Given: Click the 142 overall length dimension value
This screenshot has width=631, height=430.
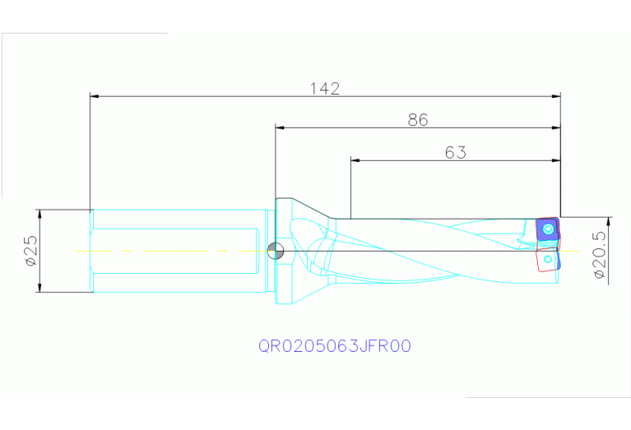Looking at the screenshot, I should (325, 88).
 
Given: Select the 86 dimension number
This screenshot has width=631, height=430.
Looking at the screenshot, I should (418, 120).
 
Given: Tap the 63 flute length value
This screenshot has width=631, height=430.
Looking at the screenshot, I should (456, 152).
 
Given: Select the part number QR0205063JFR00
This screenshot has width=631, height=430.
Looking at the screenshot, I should (335, 346).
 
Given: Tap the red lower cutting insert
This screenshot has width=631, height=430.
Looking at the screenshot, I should (546, 259).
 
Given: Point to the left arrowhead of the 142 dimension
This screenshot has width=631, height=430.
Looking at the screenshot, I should (94, 96).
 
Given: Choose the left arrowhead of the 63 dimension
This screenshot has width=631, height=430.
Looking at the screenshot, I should (355, 160).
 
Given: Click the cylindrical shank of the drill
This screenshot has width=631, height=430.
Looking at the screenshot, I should (177, 250).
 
